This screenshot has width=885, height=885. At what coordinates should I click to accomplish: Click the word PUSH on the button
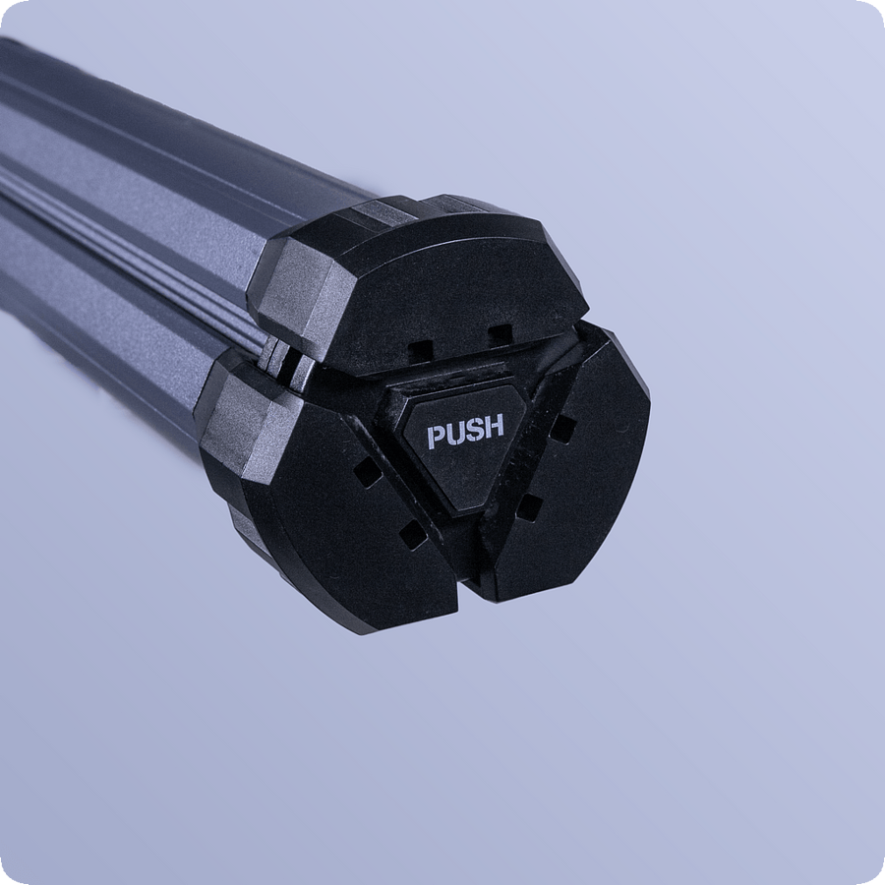point(466,432)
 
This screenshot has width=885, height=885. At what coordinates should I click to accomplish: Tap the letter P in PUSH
point(437,436)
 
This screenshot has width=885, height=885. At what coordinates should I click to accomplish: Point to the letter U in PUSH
point(456,433)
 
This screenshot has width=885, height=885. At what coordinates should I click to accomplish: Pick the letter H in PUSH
point(494,428)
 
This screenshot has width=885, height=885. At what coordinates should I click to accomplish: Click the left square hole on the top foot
point(421,350)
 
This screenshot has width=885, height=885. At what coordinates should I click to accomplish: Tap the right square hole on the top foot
point(501,334)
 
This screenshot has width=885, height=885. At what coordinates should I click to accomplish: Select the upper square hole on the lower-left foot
point(369,472)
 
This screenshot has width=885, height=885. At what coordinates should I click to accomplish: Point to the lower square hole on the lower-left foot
point(413,536)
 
